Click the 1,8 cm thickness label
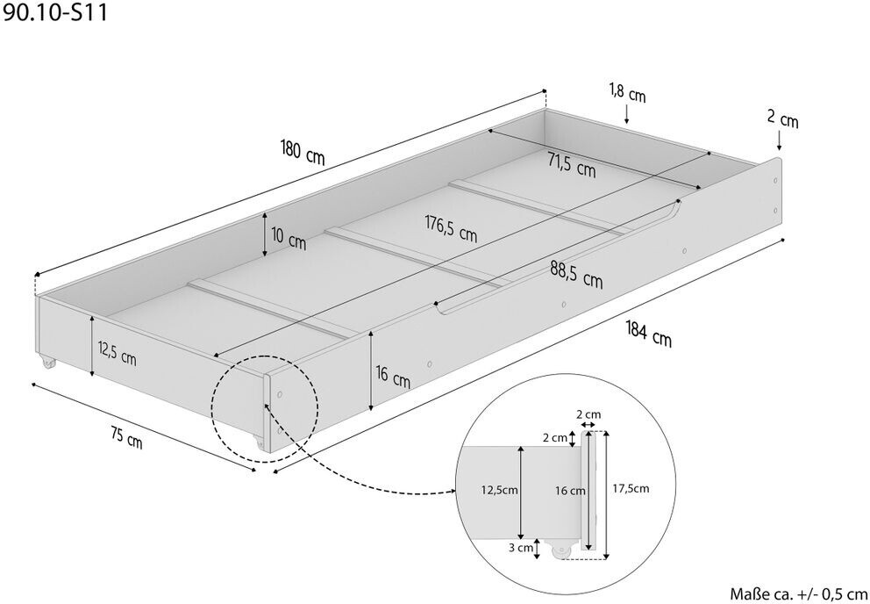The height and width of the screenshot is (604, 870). [x=626, y=92]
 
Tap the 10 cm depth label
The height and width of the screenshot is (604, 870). [x=289, y=239]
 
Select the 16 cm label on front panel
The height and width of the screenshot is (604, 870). [x=392, y=378]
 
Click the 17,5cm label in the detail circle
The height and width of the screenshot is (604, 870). [x=631, y=489]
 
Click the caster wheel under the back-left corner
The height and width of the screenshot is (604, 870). [x=46, y=362]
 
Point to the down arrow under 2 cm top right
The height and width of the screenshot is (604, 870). [x=779, y=141]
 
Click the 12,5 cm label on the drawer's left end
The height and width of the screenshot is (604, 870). [x=116, y=357]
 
